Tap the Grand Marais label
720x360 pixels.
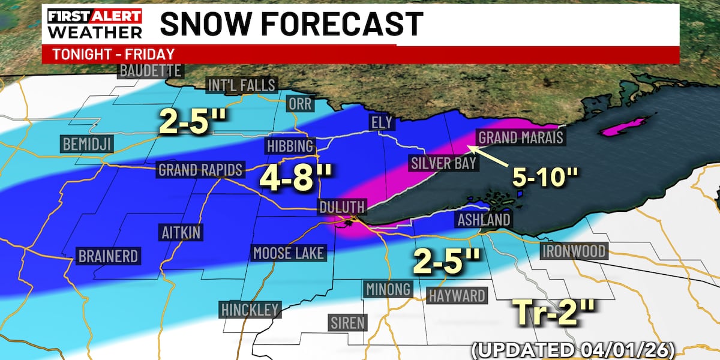[x=520, y=137]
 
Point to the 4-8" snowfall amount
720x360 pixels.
[x=296, y=179]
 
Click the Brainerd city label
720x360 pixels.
[x=108, y=256]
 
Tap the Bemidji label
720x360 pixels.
[x=87, y=144]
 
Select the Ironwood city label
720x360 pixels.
[x=574, y=251]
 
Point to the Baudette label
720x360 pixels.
[x=150, y=70]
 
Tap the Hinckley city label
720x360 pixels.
[x=250, y=310]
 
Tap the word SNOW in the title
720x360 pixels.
[x=212, y=24]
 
